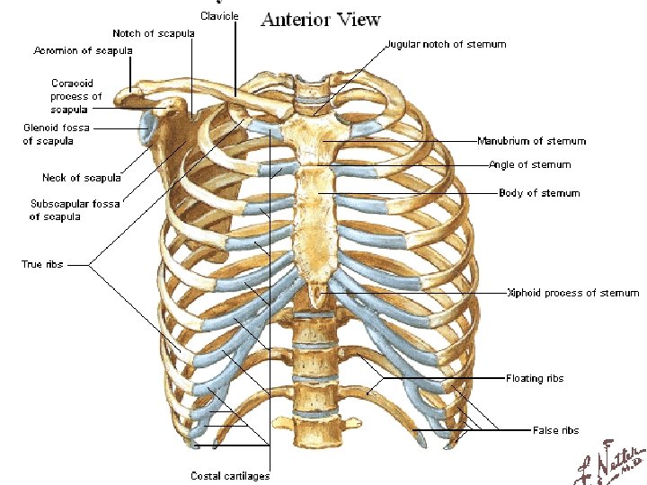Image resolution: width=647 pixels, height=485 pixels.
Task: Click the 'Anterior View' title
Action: [321, 19]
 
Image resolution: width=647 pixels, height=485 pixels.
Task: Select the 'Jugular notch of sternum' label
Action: [446, 44]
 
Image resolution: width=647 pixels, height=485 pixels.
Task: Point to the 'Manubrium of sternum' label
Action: [531, 141]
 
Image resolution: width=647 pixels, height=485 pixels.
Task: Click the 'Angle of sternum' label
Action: [529, 165]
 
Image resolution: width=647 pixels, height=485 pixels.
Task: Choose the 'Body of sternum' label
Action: [539, 193]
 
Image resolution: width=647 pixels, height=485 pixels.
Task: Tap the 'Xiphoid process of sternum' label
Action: [572, 293]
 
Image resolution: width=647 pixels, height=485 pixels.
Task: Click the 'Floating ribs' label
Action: [535, 379]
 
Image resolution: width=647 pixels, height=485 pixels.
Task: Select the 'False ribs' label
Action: [555, 430]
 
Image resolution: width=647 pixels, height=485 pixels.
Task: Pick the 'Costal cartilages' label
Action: [230, 475]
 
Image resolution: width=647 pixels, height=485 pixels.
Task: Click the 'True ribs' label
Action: [42, 264]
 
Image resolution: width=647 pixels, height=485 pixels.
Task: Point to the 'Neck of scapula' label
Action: [82, 178]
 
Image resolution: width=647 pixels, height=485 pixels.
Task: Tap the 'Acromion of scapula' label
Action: [83, 50]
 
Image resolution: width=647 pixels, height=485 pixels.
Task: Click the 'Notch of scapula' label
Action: [153, 33]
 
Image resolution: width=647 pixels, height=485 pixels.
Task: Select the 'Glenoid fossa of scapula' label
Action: [56, 134]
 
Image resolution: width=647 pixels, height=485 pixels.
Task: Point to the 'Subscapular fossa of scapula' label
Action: [75, 210]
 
